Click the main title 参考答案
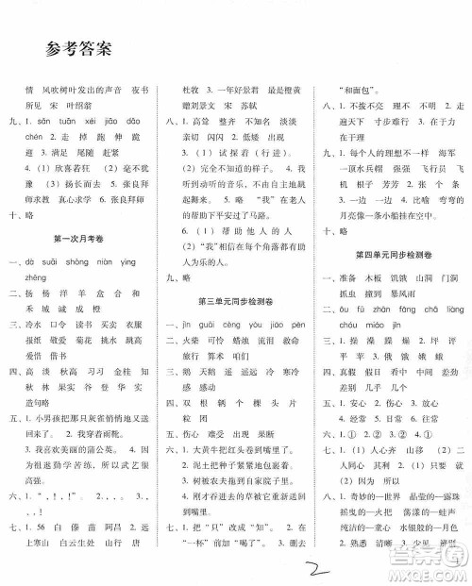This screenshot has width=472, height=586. pyautogui.click(x=85, y=48)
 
